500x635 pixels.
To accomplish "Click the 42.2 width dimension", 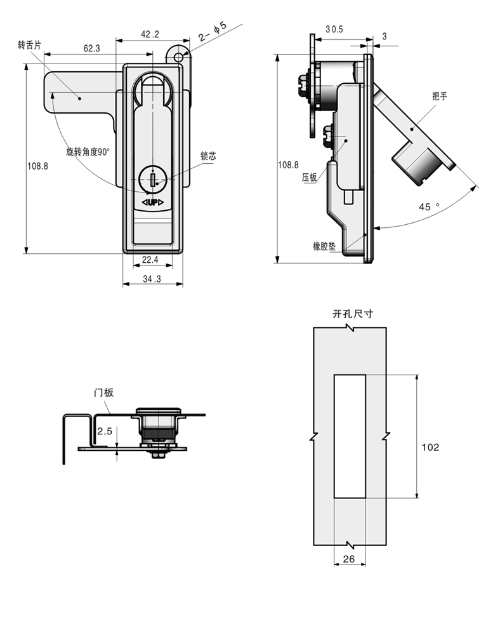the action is point(150,34).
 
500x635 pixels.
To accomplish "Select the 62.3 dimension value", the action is point(92,49).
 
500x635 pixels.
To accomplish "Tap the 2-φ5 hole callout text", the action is point(213,32).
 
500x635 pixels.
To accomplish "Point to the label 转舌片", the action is point(30,45).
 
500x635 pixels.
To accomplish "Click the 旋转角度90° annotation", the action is point(88,152).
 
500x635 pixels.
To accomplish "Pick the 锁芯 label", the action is point(208,156).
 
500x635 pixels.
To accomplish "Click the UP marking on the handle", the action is point(153,202).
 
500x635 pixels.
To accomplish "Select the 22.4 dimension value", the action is point(150,260).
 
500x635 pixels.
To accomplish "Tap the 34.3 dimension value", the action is point(152,279).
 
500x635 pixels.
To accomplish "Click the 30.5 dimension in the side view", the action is point(334,29).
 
